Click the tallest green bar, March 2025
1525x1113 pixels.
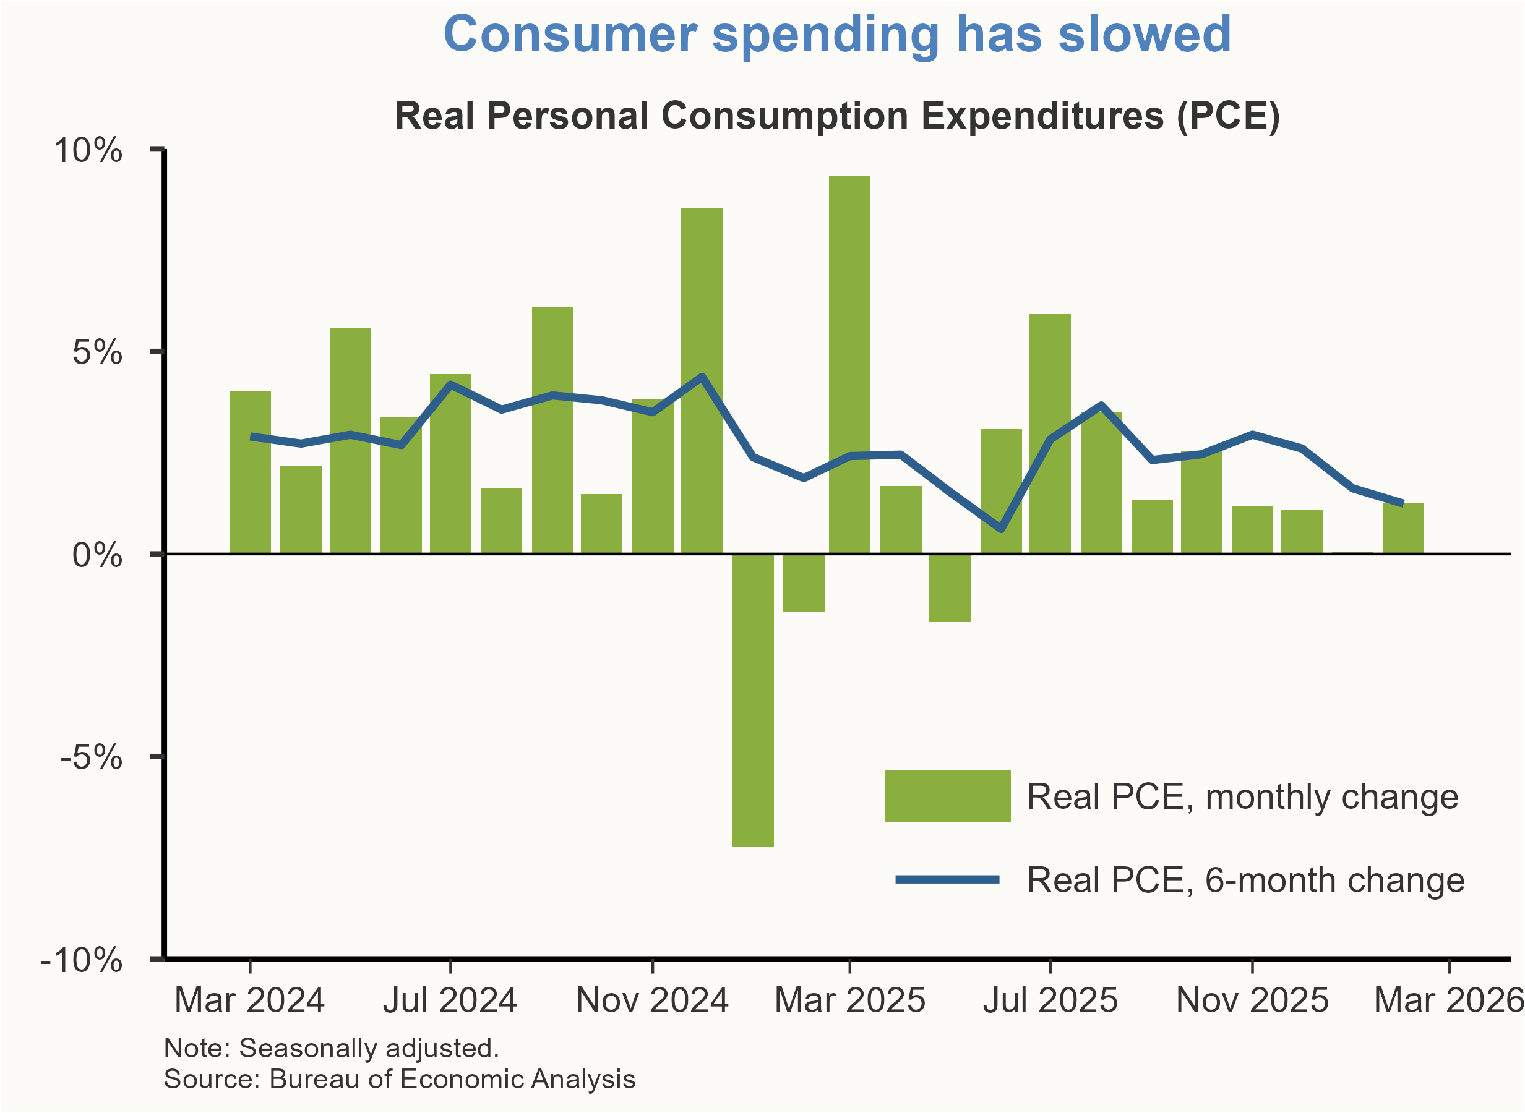click(x=849, y=364)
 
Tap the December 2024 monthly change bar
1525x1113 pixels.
click(x=702, y=381)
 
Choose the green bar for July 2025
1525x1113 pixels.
click(x=1050, y=434)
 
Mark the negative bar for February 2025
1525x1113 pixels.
click(x=804, y=582)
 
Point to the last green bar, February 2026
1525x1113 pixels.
click(x=1403, y=528)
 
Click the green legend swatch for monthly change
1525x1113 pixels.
click(x=947, y=796)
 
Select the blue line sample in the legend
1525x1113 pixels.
click(x=947, y=879)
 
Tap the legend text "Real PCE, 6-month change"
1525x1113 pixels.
click(x=1245, y=880)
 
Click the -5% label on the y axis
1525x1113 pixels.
click(x=92, y=757)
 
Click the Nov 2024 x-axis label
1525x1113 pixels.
click(x=651, y=1000)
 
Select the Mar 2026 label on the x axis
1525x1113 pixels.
click(x=1448, y=1000)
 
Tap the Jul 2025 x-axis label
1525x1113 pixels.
click(x=1050, y=1000)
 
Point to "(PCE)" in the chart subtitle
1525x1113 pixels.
click(x=1228, y=115)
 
